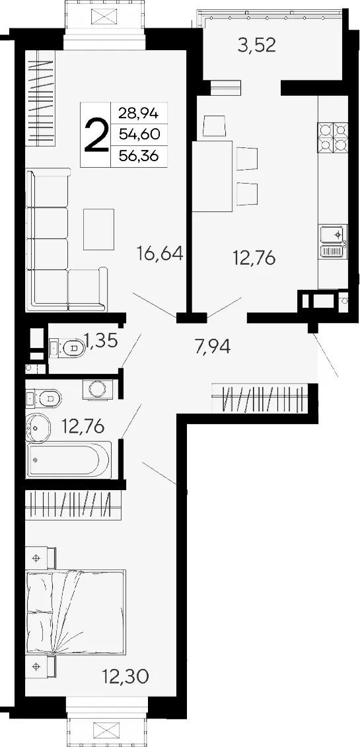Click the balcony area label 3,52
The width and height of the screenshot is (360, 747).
pyautogui.click(x=257, y=46)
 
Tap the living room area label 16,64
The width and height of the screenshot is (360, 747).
pyautogui.click(x=160, y=253)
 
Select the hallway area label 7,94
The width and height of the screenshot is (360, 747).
pyautogui.click(x=213, y=346)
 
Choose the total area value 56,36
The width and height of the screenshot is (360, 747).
pyautogui.click(x=139, y=157)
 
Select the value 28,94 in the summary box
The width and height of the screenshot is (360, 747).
pyautogui.click(x=139, y=113)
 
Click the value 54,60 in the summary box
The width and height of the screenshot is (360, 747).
pyautogui.click(x=139, y=134)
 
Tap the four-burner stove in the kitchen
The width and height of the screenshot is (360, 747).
pyautogui.click(x=334, y=137)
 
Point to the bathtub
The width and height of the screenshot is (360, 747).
pyautogui.click(x=69, y=459)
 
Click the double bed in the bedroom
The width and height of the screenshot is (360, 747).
pyautogui.click(x=76, y=612)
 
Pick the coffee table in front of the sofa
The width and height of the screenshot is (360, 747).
pyautogui.click(x=98, y=229)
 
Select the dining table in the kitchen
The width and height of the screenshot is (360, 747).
pyautogui.click(x=213, y=176)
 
